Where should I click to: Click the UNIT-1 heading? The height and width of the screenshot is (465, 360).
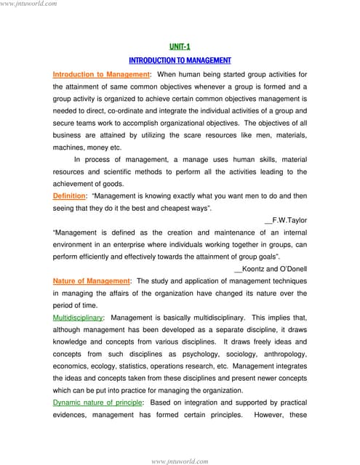[179, 46]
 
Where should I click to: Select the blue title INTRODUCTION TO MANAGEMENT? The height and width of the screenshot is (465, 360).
[179, 60]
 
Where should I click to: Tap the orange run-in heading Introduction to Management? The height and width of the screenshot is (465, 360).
[100, 74]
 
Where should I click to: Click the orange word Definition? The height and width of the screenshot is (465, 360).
[69, 196]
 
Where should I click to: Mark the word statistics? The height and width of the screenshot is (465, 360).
[164, 366]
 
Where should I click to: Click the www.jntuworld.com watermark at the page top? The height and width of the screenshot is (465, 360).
[29, 4]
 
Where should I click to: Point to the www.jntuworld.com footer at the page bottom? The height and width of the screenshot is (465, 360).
[180, 461]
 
